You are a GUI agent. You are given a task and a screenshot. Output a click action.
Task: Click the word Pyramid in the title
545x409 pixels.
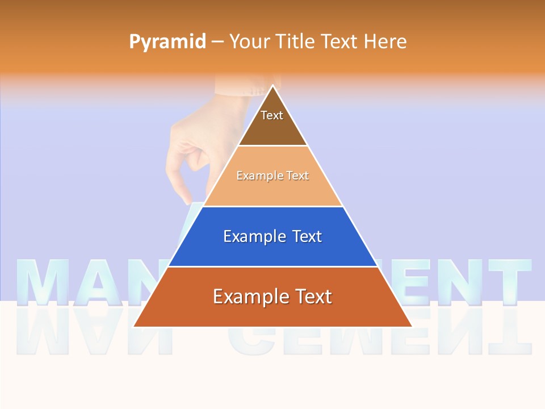167,42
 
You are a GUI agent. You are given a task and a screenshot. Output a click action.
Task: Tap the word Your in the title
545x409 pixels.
249,41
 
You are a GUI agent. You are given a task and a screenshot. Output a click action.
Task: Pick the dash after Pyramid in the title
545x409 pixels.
217,42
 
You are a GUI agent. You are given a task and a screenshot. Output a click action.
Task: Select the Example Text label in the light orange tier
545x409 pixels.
272,176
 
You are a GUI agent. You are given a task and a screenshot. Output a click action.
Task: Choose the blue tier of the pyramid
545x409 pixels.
272,250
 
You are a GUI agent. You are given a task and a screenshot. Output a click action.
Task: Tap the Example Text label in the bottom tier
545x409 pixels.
272,297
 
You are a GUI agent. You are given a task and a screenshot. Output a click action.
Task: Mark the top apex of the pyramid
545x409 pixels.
273,86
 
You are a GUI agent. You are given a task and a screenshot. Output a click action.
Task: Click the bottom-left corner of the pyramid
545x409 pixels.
134,327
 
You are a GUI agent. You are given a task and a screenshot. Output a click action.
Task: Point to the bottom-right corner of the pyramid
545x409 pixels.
412,327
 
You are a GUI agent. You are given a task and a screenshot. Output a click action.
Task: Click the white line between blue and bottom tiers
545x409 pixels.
272,266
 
